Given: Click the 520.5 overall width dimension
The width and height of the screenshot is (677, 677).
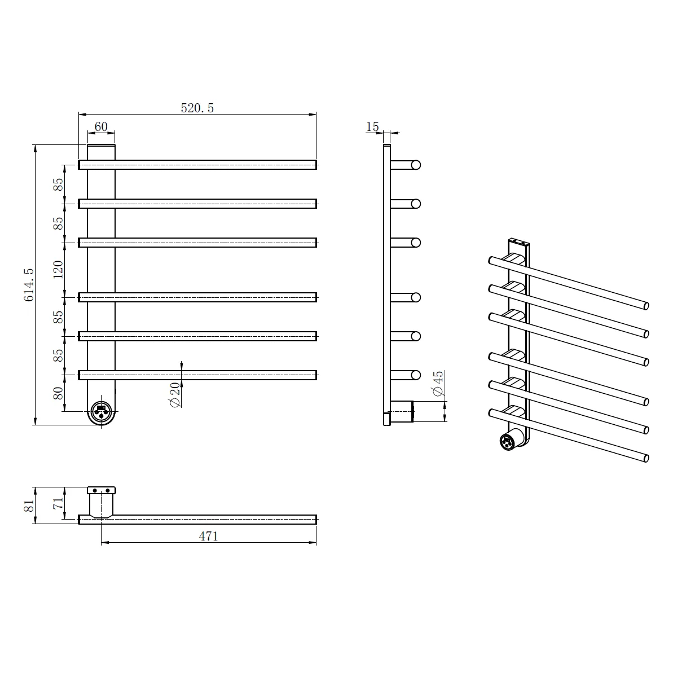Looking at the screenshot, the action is [x=197, y=108].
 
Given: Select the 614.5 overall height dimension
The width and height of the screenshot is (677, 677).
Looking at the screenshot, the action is [x=29, y=285].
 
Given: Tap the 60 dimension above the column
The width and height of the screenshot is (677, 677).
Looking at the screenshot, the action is [x=101, y=126].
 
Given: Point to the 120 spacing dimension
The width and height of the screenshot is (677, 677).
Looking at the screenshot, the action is [x=58, y=270].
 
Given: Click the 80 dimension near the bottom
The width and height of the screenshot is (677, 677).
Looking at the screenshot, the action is [x=58, y=393].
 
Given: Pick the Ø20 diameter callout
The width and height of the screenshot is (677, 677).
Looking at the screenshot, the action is [x=175, y=394].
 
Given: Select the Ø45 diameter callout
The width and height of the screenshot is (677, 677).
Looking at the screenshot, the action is [x=438, y=384].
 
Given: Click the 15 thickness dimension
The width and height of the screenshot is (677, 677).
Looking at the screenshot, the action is [x=372, y=126].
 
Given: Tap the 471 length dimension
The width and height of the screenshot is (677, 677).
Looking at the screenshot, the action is [x=209, y=536].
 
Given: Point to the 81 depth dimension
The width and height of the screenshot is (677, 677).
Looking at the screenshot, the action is [x=29, y=505].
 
